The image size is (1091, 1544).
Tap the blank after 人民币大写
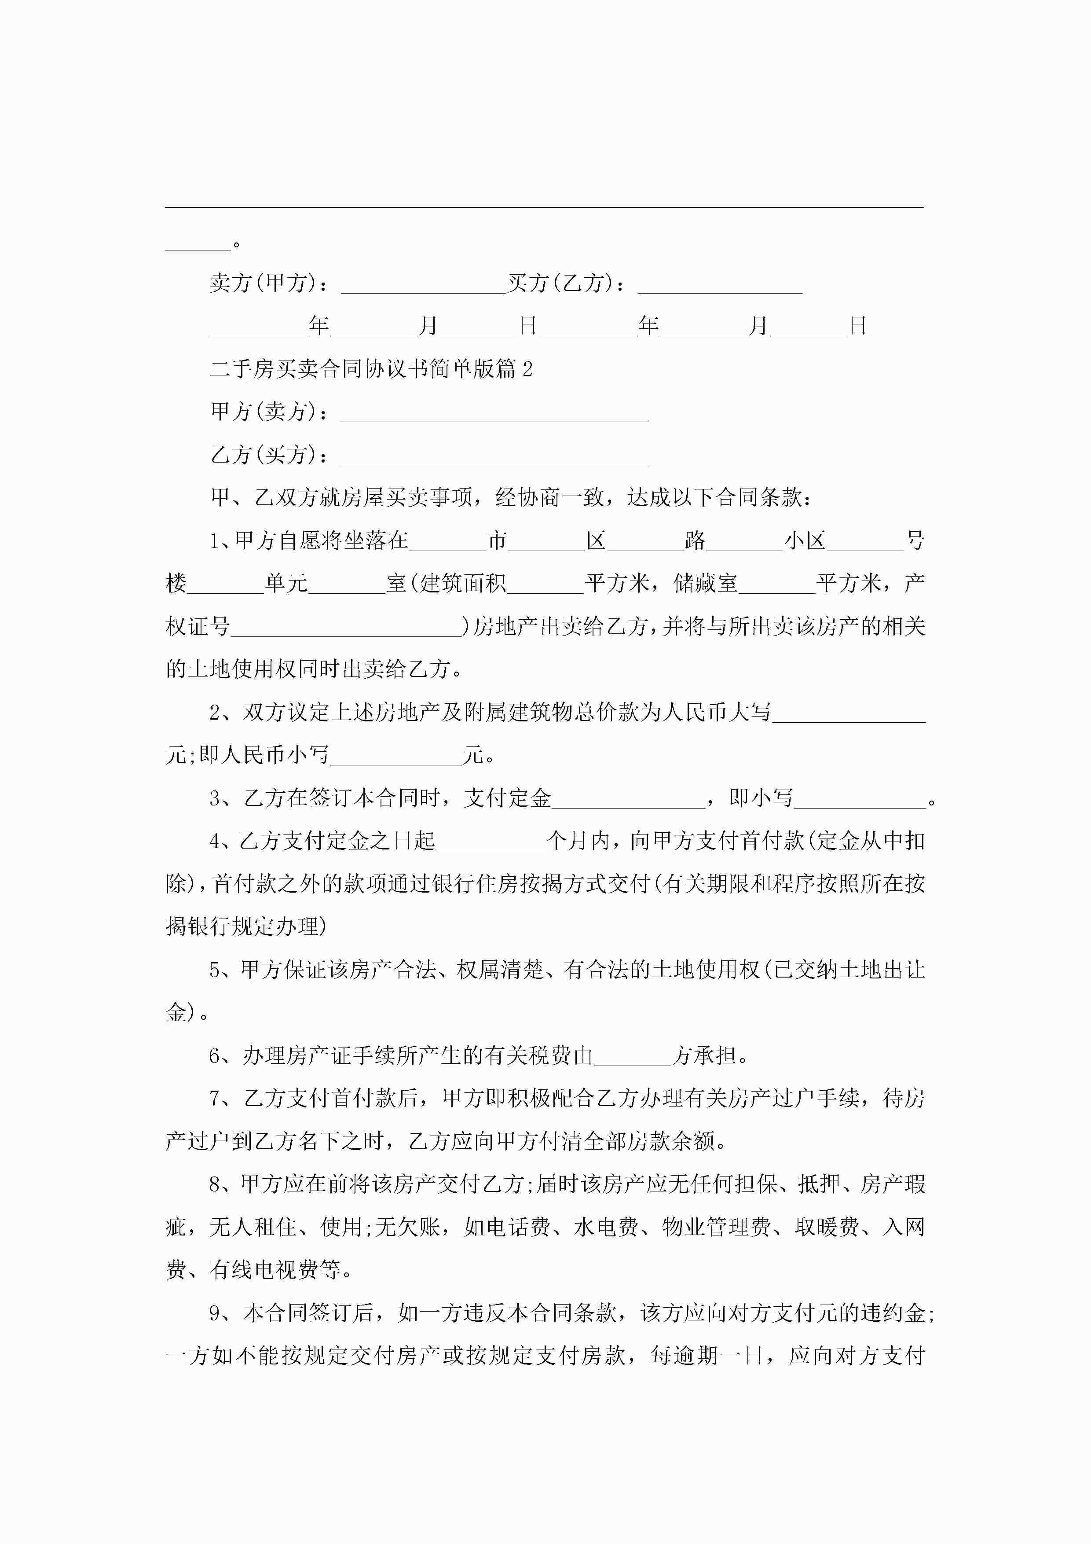coord(848,714)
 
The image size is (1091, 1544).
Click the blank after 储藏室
coord(776,585)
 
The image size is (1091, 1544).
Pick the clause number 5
coord(216,971)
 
